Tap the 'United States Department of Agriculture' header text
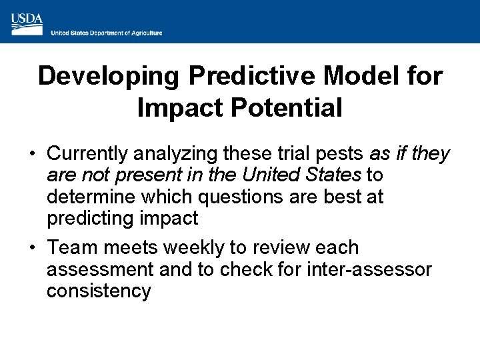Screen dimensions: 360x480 (107, 33)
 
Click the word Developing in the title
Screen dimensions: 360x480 (109, 76)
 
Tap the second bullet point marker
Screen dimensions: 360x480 (32, 248)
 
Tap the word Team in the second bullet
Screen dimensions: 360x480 (71, 248)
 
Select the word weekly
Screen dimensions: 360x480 (194, 248)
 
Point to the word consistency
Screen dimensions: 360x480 (99, 291)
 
